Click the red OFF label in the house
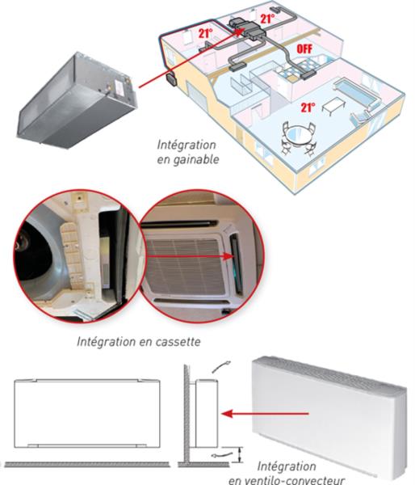pyautogui.click(x=304, y=48)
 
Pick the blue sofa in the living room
pyautogui.click(x=356, y=91)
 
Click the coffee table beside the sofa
pyautogui.click(x=333, y=106)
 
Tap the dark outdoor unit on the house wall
pyautogui.click(x=171, y=79)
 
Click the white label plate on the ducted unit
pyautogui.click(x=119, y=88)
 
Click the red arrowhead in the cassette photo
pyautogui.click(x=228, y=256)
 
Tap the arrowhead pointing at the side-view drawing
pyautogui.click(x=227, y=414)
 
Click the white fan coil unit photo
pyautogui.click(x=328, y=415)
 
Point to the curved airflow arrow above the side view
pyautogui.click(x=221, y=366)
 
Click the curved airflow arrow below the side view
pyautogui.click(x=221, y=454)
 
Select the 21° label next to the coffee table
pyautogui.click(x=308, y=108)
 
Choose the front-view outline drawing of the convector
pyautogui.click(x=87, y=413)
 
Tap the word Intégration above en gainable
pyautogui.click(x=187, y=145)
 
